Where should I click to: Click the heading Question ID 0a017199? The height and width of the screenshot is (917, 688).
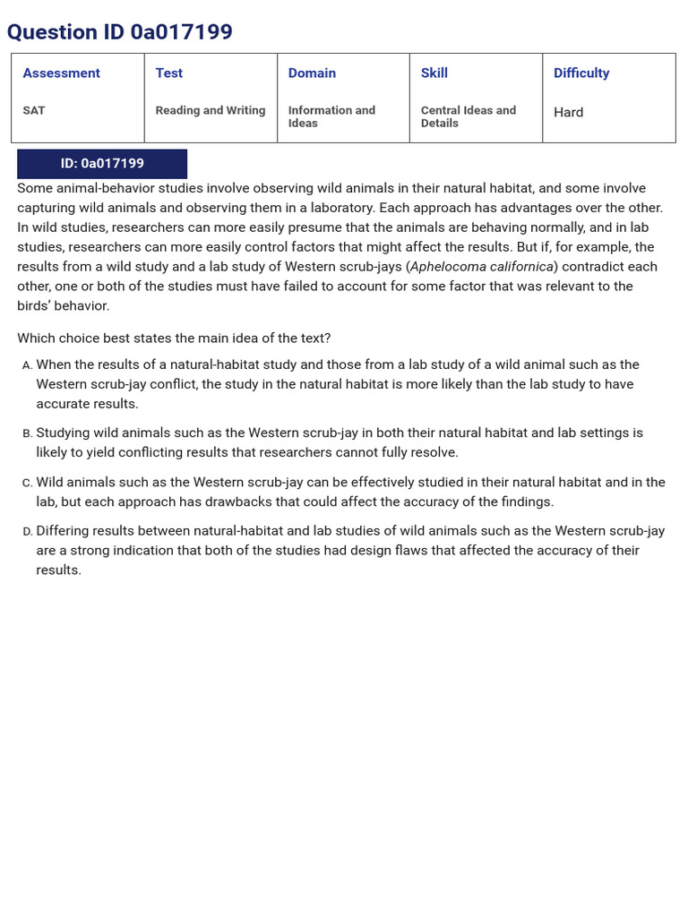tap(119, 32)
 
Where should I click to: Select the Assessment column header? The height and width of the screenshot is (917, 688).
tap(61, 73)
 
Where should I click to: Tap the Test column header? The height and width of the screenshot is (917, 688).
tap(168, 73)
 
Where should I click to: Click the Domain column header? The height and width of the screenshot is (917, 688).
tap(312, 73)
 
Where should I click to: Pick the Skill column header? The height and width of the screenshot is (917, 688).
tap(434, 73)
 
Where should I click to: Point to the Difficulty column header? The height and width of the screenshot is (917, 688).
tap(580, 73)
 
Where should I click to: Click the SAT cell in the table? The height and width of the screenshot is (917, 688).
tap(34, 111)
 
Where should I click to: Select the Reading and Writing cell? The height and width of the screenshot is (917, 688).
tap(210, 111)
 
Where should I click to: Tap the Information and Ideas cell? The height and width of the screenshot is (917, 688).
tap(331, 116)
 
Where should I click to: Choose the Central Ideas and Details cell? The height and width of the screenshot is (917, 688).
tap(468, 116)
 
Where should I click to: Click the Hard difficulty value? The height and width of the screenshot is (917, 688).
tap(568, 113)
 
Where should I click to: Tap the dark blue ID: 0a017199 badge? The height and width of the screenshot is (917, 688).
tap(102, 164)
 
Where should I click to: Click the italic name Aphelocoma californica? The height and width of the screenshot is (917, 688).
tap(482, 267)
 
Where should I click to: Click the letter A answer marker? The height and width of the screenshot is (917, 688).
tap(27, 365)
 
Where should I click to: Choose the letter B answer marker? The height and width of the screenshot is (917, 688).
tap(27, 433)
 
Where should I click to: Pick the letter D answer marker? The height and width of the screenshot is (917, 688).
tap(27, 532)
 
